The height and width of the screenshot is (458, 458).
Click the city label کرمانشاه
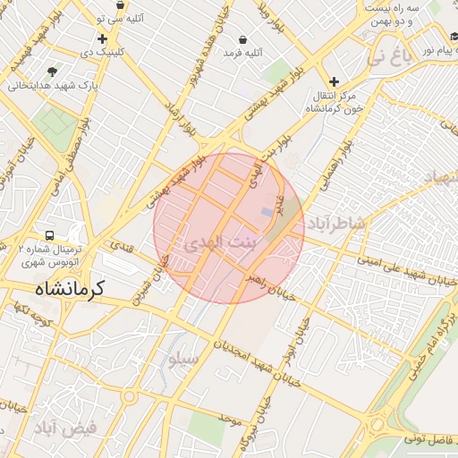71,288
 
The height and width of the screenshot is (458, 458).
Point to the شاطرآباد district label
335,223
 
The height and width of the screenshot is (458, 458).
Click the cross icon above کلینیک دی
102,38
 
